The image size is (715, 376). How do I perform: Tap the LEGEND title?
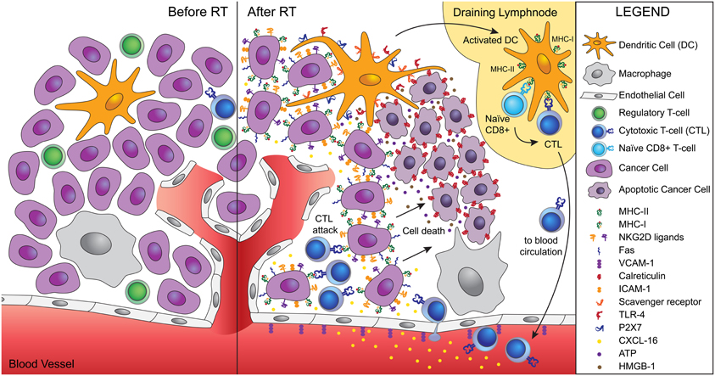(644, 14)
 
